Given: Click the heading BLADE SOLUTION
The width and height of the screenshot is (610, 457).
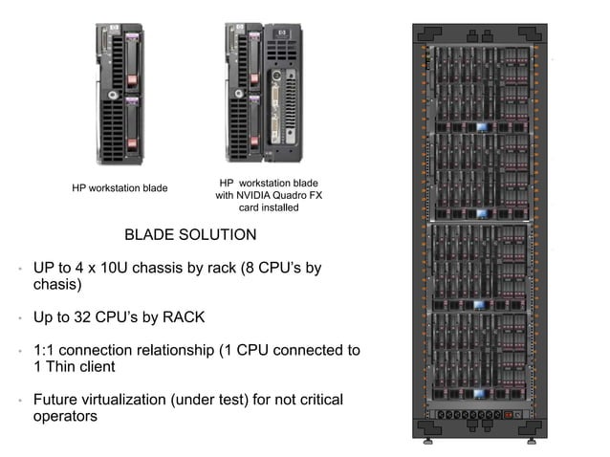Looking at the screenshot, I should [x=190, y=234].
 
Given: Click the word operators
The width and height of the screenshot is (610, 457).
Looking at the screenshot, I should [x=65, y=416].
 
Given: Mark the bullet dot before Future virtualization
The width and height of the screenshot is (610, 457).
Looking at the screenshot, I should [x=19, y=401].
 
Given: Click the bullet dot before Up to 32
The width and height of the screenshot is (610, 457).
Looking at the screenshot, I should [x=19, y=318].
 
